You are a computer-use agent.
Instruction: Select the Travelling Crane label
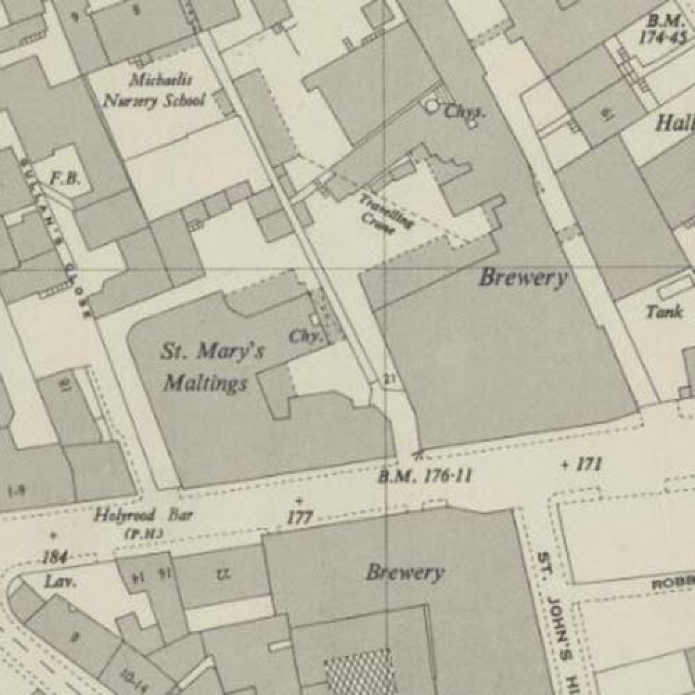[386, 212]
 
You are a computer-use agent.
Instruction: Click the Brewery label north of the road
[523, 279]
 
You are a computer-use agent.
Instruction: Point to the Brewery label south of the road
[404, 573]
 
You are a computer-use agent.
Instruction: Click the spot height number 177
[300, 517]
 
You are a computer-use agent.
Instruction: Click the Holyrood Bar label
[144, 516]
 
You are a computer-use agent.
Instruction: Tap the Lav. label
[60, 581]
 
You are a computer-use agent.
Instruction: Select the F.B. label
[65, 179]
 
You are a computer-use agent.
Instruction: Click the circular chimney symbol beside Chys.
[432, 106]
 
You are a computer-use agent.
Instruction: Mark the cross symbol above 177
[299, 501]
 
